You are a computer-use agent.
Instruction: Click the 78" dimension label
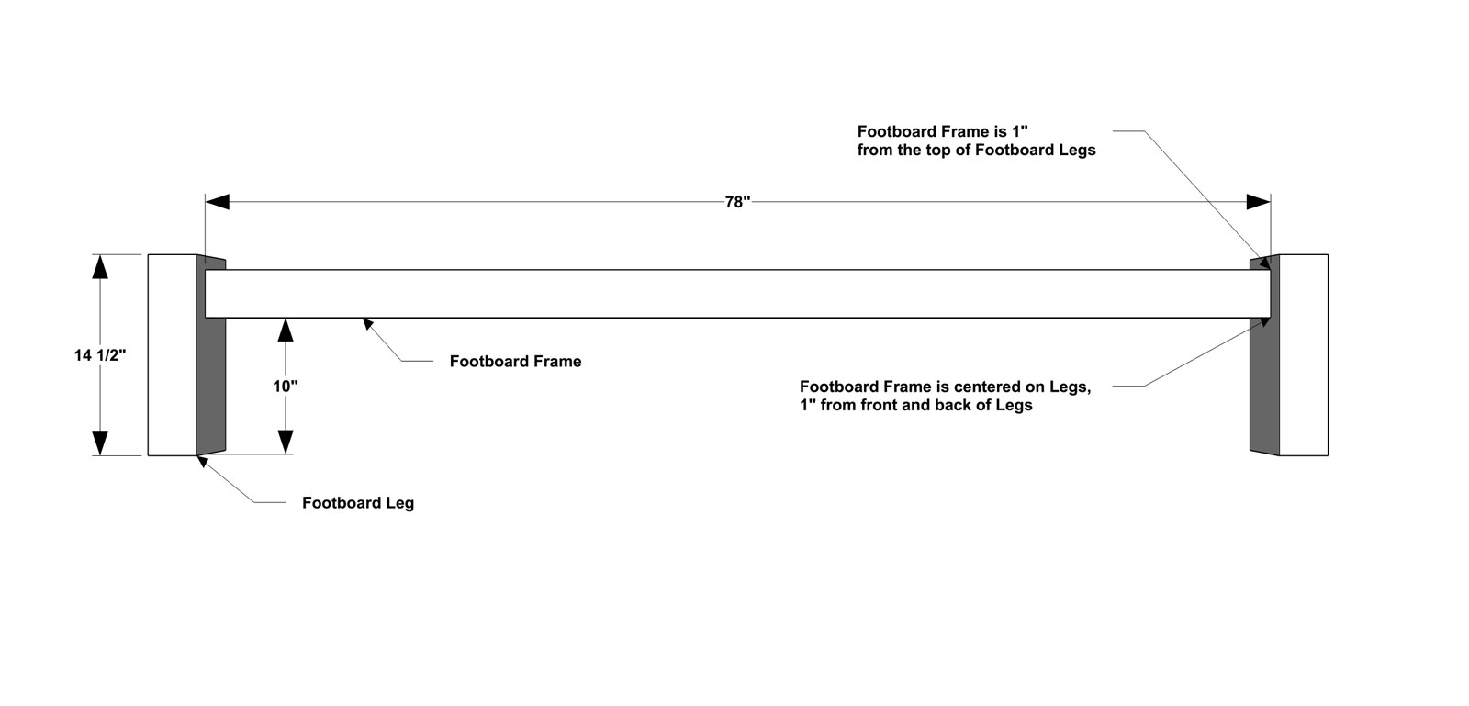[x=737, y=202]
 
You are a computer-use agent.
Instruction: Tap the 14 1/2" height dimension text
[x=100, y=355]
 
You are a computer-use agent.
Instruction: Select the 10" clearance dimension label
[x=286, y=387]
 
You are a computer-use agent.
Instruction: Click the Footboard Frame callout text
[x=515, y=361]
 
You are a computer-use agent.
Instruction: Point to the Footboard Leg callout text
[x=358, y=503]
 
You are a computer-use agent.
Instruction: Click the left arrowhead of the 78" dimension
[x=217, y=202]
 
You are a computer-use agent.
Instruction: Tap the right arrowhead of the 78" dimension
[x=1259, y=202]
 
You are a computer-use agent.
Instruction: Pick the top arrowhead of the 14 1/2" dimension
[x=100, y=267]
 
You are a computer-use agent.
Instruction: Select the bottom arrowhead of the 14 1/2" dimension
[x=100, y=443]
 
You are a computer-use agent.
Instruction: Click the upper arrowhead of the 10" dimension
[x=286, y=330]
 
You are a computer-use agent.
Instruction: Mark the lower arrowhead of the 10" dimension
[x=286, y=442]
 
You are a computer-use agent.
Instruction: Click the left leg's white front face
[x=172, y=354]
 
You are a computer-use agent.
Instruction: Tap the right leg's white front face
[x=1304, y=354]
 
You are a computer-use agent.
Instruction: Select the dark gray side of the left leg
[x=211, y=387]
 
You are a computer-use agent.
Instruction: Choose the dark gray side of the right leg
[x=1264, y=387]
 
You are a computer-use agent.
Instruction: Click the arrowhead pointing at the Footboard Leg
[x=203, y=462]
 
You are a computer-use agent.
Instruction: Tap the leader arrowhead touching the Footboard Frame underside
[x=368, y=324]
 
